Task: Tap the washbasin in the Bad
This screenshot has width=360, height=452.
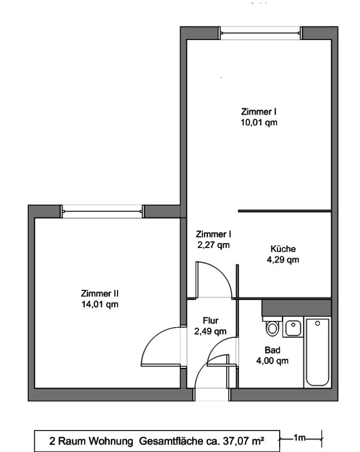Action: [293, 327]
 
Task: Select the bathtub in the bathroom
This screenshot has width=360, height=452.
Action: [318, 352]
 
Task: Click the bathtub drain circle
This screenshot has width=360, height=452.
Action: [318, 323]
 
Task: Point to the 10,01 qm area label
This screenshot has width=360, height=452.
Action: [259, 123]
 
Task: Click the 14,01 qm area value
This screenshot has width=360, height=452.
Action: [99, 305]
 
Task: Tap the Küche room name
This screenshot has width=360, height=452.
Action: [283, 249]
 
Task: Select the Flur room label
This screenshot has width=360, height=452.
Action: [210, 320]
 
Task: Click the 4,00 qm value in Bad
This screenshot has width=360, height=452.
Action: [272, 360]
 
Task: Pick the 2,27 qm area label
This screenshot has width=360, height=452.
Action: [213, 245]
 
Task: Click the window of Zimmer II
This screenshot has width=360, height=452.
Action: [102, 211]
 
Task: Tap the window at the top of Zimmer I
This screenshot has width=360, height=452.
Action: [261, 33]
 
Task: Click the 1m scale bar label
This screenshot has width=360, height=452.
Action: [300, 437]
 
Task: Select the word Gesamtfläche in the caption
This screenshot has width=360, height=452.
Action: [171, 441]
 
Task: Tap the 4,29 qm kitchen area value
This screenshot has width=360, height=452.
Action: [283, 260]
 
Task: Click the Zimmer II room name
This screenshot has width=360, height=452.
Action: [99, 293]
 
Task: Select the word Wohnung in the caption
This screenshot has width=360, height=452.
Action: [110, 441]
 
